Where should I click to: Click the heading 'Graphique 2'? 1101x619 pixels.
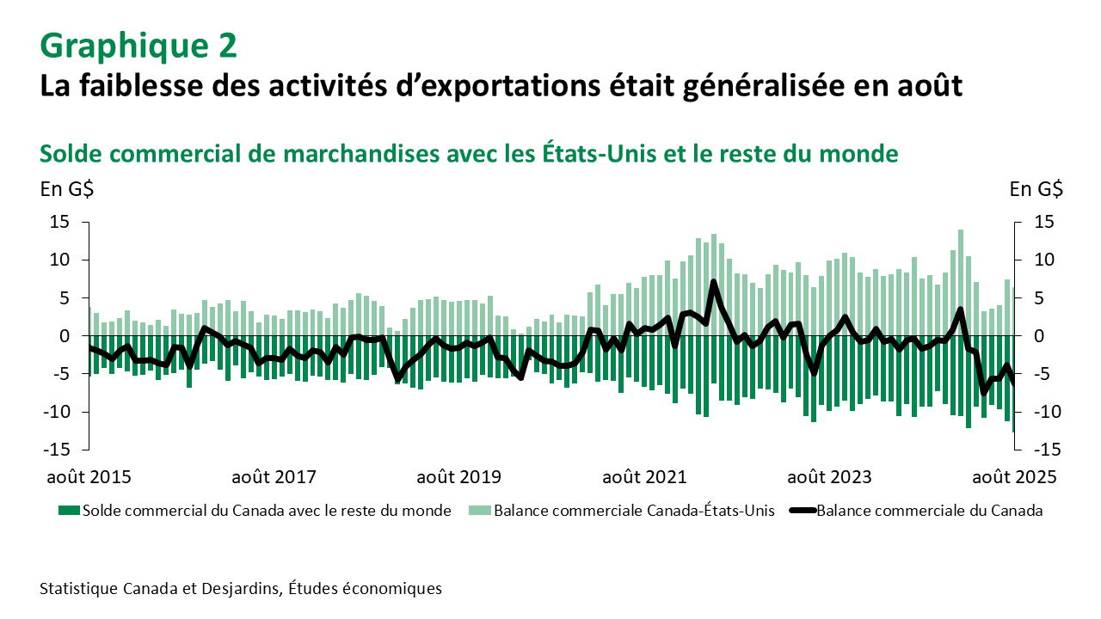(x=138, y=46)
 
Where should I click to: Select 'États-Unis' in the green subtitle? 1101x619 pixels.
(x=606, y=154)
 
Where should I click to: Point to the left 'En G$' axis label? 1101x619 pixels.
(x=67, y=190)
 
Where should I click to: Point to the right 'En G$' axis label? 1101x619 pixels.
(x=1036, y=190)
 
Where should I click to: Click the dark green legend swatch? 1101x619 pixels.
(x=67, y=511)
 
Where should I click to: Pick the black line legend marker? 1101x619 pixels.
(x=801, y=511)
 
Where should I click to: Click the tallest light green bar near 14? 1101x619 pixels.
(x=961, y=258)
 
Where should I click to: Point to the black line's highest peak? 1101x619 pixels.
(x=714, y=281)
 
